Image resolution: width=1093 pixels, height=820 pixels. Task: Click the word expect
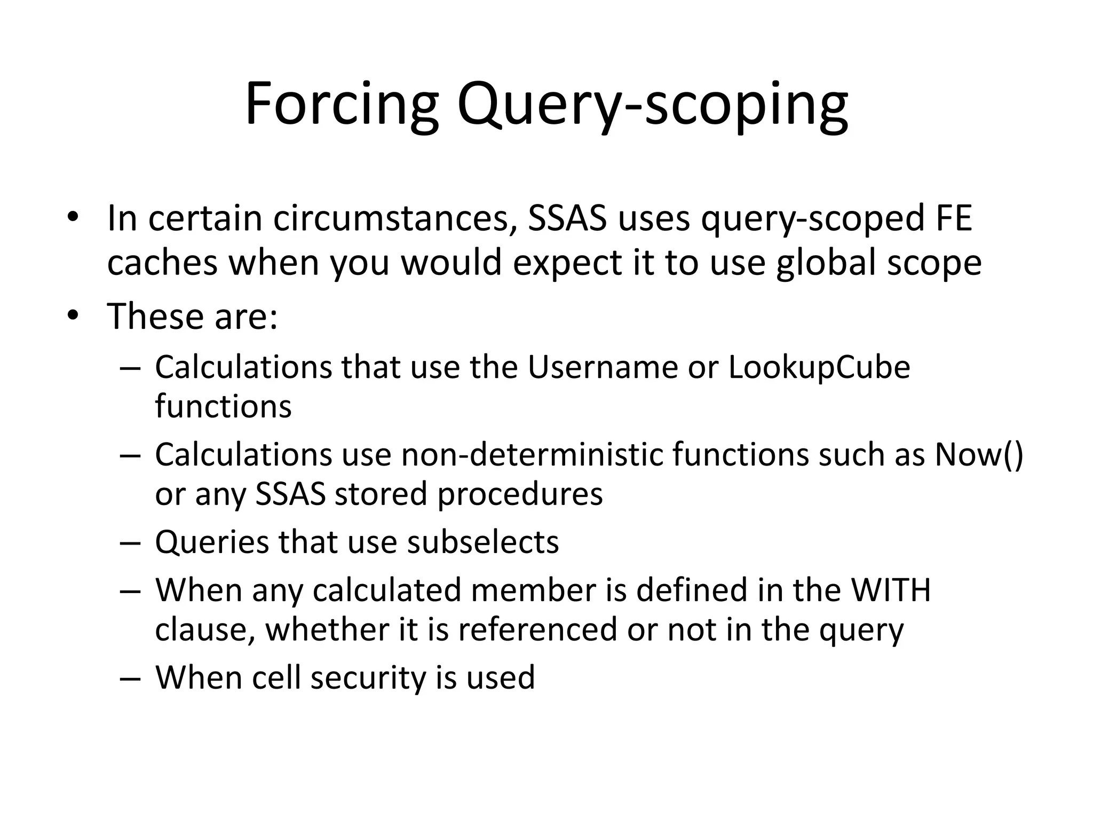(567, 264)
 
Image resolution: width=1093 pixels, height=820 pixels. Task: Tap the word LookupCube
(819, 368)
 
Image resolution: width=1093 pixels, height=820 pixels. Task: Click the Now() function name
(979, 455)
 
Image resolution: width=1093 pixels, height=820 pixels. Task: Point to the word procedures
(520, 494)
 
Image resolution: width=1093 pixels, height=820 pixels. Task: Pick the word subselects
(483, 542)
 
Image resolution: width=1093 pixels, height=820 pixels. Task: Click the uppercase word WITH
(890, 590)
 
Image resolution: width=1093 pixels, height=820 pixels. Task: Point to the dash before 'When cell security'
(130, 679)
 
